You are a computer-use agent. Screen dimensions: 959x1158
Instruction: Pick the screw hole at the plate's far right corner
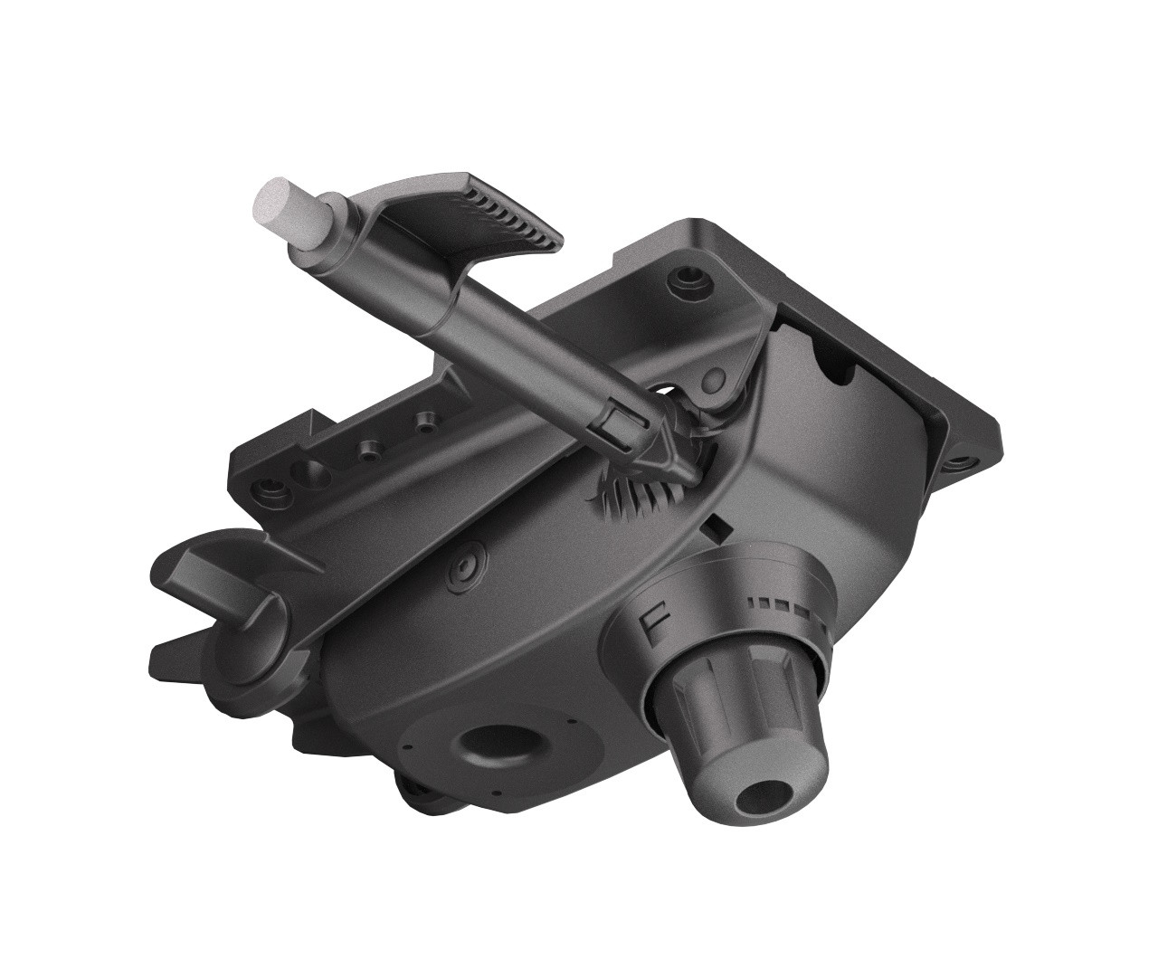click(962, 462)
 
